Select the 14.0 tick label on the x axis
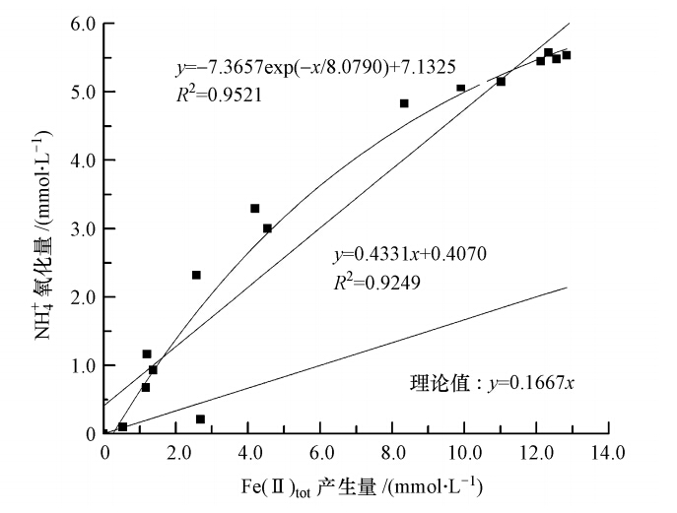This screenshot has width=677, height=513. click(608, 453)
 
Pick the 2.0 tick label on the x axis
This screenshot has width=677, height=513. click(176, 453)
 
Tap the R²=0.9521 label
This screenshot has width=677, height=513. click(214, 97)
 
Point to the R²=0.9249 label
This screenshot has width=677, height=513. click(372, 283)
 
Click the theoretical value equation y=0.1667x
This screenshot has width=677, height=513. click(492, 382)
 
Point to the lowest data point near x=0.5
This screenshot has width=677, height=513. click(123, 426)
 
